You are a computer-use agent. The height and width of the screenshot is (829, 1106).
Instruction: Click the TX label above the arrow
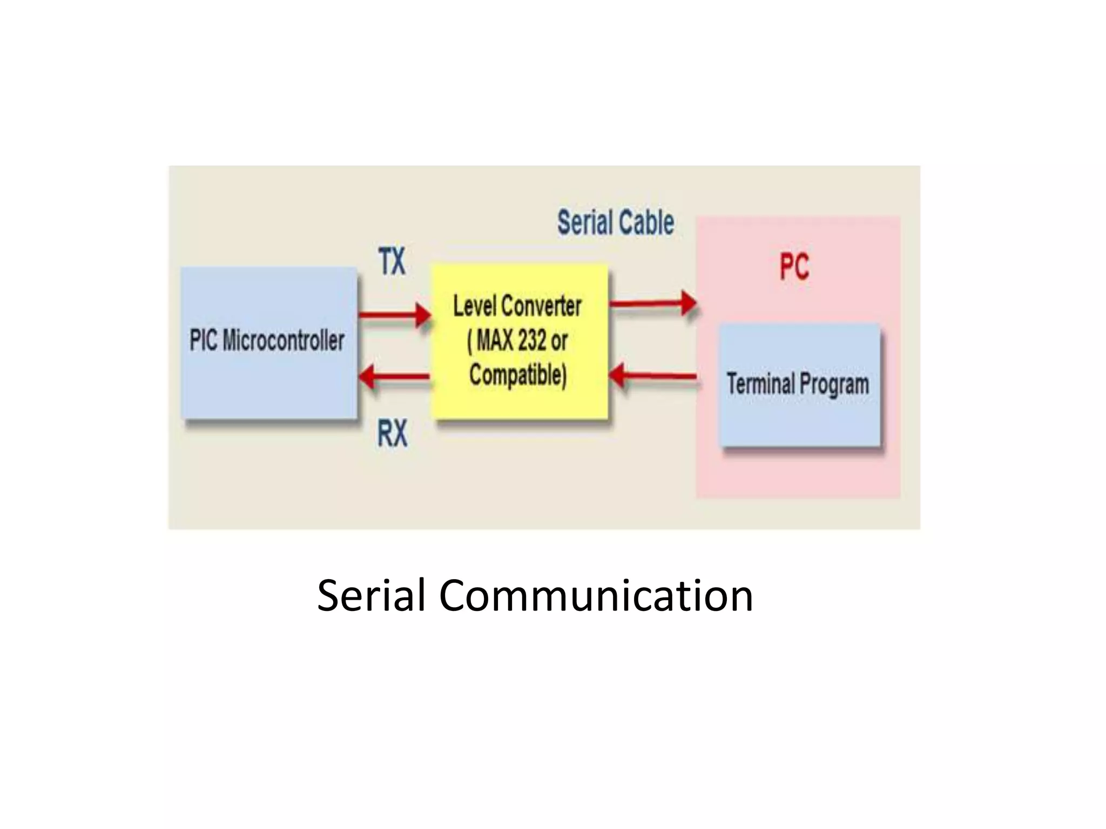392,261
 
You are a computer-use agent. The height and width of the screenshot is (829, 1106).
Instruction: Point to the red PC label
794,267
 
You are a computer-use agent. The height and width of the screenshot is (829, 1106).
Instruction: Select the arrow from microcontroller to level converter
394,315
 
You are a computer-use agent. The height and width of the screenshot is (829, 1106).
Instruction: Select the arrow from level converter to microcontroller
394,376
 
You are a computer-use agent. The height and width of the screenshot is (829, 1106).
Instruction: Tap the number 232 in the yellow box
532,341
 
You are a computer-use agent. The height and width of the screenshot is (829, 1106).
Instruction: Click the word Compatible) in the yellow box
518,375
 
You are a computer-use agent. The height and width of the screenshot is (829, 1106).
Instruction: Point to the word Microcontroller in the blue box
284,341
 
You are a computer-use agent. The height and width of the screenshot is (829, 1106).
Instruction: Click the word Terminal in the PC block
760,384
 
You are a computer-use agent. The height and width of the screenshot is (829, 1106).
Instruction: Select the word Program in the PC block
834,384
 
